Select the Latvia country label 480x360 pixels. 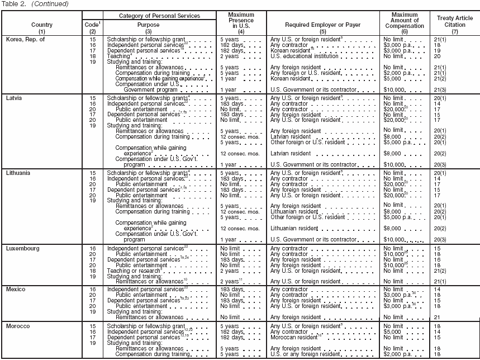tap(15, 98)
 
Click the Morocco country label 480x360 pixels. tap(18, 325)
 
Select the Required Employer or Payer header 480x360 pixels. tap(322, 25)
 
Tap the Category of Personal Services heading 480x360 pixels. tap(159, 16)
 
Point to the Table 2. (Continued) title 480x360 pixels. tap(35, 4)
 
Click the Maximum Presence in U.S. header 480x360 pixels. tap(241, 21)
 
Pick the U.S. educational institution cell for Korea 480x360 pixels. tap(306, 56)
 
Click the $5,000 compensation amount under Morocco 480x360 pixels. tap(393, 331)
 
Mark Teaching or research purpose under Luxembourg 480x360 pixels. tap(139, 269)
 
